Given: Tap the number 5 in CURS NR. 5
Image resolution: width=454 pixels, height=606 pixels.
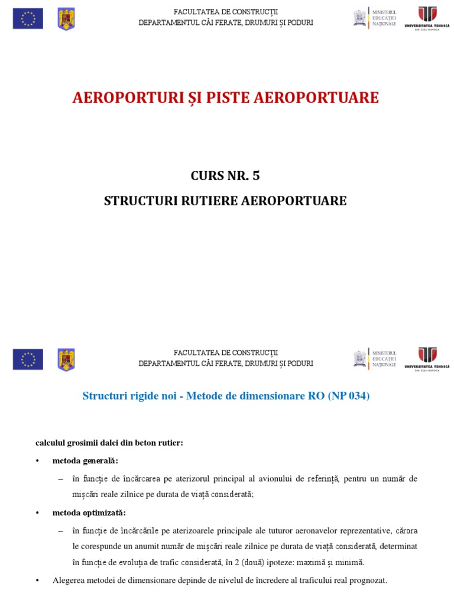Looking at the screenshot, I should (x=255, y=176).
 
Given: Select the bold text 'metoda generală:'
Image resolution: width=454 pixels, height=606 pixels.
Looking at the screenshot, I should (x=85, y=460).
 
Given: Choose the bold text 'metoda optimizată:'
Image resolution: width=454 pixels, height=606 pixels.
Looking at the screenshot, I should (x=89, y=512).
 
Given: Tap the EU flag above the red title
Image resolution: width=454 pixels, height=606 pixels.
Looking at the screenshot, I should (x=28, y=18).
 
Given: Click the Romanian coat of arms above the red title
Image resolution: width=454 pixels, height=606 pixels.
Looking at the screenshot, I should (x=66, y=18).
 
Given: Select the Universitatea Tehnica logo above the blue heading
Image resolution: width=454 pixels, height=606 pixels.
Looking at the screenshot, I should (x=427, y=358).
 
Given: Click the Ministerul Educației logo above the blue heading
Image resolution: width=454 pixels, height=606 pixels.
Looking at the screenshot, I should (x=375, y=358).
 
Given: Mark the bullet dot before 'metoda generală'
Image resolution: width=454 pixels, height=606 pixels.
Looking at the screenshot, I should (x=37, y=460).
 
